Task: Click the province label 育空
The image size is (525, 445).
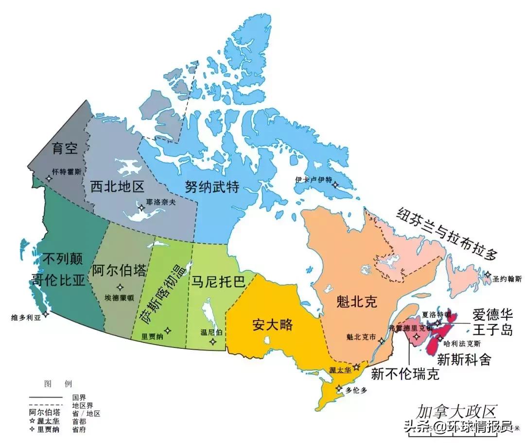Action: click(x=65, y=148)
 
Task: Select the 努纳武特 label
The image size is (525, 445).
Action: click(x=212, y=186)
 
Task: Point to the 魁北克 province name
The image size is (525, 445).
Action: click(x=356, y=303)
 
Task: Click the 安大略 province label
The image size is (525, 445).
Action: click(x=273, y=325)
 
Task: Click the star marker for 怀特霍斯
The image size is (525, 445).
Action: click(x=49, y=178)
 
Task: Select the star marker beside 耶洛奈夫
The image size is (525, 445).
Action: click(x=141, y=207)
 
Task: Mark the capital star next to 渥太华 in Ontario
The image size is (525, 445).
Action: click(x=356, y=367)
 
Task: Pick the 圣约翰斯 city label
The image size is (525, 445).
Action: click(x=507, y=279)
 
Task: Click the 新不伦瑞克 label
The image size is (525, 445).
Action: click(x=405, y=374)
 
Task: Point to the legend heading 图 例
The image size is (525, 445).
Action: click(x=58, y=384)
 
